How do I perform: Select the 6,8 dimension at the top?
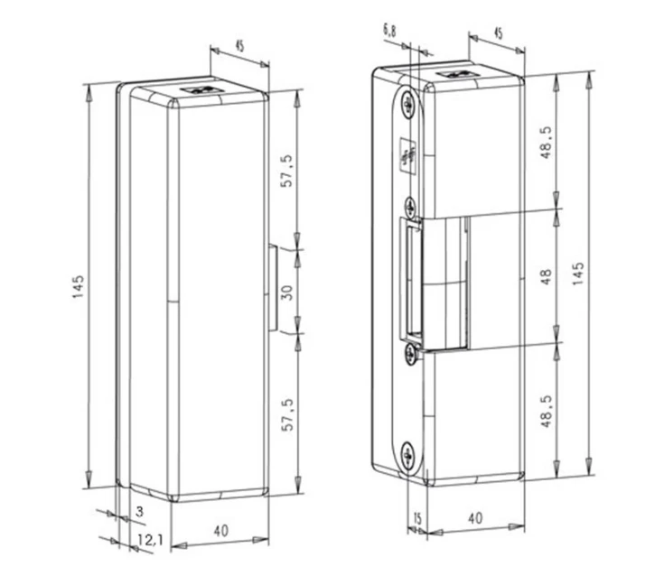pyautogui.click(x=388, y=32)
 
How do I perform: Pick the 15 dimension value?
pyautogui.click(x=416, y=517)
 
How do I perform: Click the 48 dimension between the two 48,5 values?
pyautogui.click(x=545, y=276)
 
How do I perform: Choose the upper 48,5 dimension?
pyautogui.click(x=545, y=143)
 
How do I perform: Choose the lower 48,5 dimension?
pyautogui.click(x=545, y=411)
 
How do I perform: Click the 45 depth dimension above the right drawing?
pyautogui.click(x=498, y=33)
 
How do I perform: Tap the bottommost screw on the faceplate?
pyautogui.click(x=408, y=454)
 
